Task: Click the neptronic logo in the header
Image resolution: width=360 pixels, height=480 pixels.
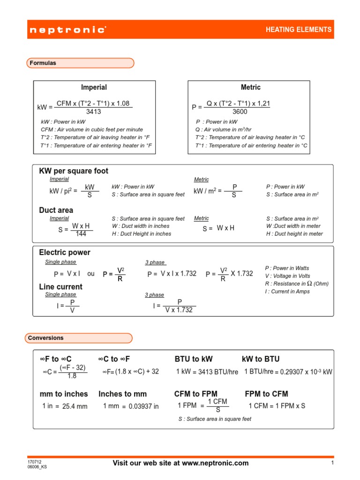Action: pyautogui.click(x=67, y=30)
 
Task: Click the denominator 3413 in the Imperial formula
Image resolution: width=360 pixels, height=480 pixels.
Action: pyautogui.click(x=94, y=112)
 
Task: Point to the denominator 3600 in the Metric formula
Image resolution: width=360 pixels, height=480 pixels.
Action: pyautogui.click(x=240, y=112)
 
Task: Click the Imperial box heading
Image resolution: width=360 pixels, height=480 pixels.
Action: pyautogui.click(x=94, y=87)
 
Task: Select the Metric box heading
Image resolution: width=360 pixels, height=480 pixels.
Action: pyautogui.click(x=250, y=87)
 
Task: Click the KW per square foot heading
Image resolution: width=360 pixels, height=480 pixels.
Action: pyautogui.click(x=74, y=171)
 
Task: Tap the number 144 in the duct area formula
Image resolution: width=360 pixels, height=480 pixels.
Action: pyautogui.click(x=81, y=234)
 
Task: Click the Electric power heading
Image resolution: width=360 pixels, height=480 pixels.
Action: pyautogui.click(x=65, y=252)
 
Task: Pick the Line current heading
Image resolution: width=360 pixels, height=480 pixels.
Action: pyautogui.click(x=60, y=286)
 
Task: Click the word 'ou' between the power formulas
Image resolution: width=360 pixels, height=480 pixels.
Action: pyautogui.click(x=91, y=274)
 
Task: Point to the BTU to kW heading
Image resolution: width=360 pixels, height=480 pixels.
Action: pyautogui.click(x=194, y=359)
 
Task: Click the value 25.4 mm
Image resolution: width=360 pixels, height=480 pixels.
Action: pyautogui.click(x=75, y=406)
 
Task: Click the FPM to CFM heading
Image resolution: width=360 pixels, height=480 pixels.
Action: pyautogui.click(x=266, y=394)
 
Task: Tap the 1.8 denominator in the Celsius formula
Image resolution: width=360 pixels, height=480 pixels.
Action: pyautogui.click(x=72, y=376)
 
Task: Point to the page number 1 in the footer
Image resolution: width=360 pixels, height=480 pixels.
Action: pyautogui.click(x=331, y=463)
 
